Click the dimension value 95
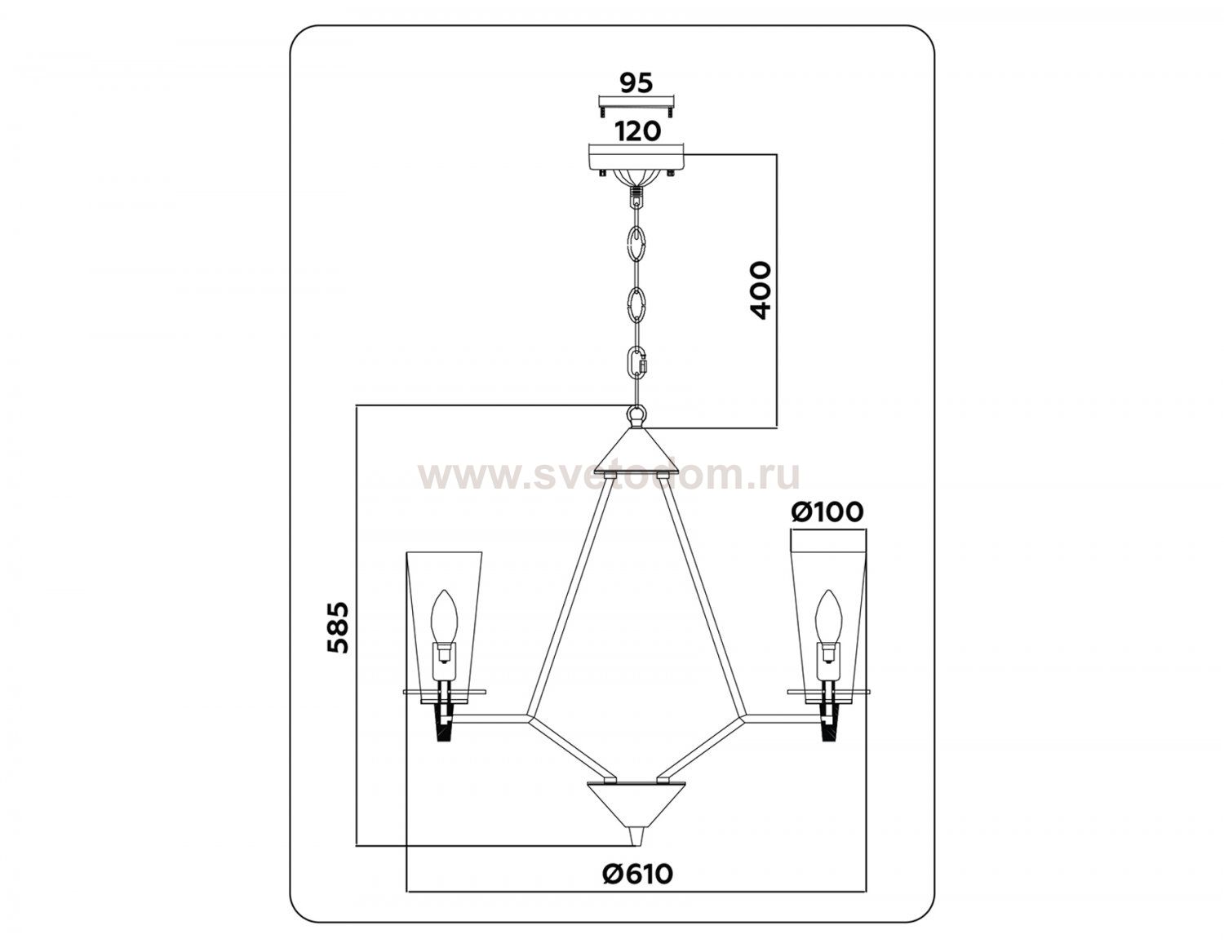(x=636, y=82)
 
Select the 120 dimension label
(x=636, y=131)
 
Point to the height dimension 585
(x=339, y=627)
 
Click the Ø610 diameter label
(x=637, y=874)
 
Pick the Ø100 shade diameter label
(x=827, y=511)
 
